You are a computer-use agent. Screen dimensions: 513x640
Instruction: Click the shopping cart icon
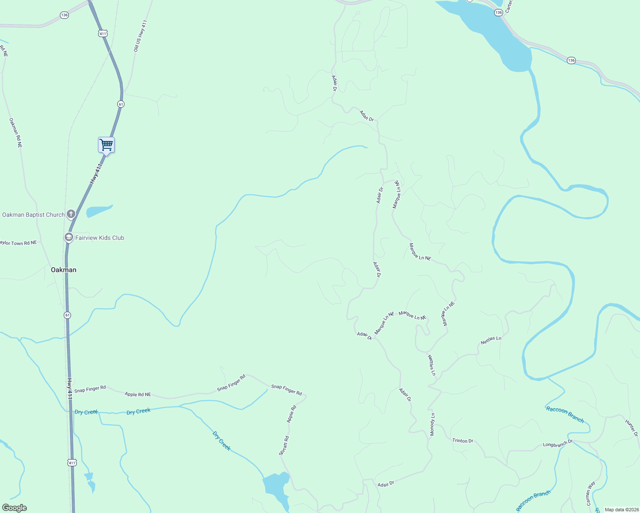106,145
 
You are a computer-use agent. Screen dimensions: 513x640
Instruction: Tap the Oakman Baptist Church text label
33,215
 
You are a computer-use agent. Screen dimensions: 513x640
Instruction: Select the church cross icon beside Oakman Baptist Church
71,214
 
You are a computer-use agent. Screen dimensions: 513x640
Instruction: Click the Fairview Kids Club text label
100,238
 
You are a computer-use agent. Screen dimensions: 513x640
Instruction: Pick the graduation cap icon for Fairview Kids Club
68,237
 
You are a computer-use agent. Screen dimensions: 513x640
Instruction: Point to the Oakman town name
63,270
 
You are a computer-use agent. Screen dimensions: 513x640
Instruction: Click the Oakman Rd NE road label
16,133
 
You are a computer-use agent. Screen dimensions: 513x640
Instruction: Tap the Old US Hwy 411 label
140,36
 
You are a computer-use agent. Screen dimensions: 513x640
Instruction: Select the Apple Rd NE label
138,394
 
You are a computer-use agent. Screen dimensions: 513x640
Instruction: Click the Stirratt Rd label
284,445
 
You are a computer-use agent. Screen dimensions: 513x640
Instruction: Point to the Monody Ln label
433,424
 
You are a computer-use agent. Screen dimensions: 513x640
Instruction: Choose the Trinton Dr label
463,440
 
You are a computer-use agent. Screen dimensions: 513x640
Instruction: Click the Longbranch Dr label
557,444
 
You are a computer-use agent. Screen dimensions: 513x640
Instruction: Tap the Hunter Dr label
631,428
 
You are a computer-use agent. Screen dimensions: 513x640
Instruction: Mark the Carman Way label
590,493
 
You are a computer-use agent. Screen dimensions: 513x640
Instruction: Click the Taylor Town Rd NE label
18,243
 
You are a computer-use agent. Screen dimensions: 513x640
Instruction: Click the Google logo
15,508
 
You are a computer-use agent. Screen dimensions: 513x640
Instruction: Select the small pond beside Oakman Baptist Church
98,211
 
